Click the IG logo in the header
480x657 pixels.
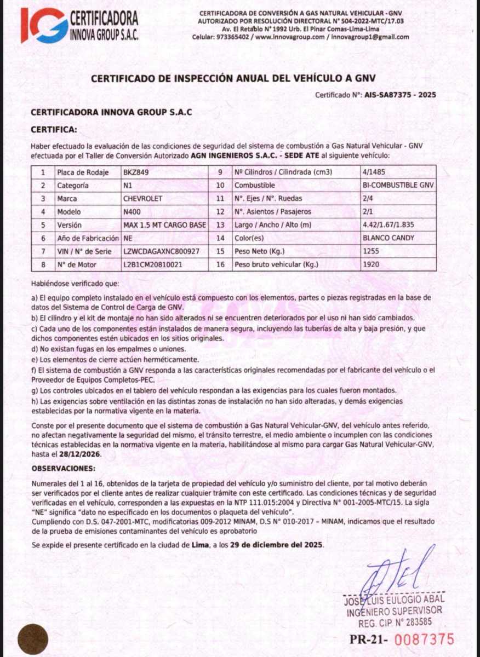coord(44,25)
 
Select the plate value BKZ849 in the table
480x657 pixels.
coord(136,172)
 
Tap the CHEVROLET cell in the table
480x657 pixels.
coord(143,198)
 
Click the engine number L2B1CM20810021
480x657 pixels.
coord(153,265)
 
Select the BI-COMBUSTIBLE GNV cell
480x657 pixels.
coord(398,185)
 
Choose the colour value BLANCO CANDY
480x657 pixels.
coord(388,238)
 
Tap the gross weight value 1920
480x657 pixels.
coord(371,265)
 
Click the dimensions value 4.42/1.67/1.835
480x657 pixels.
coord(388,225)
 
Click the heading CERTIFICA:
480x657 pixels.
coord(54,130)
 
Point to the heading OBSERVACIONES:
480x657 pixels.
coord(63,469)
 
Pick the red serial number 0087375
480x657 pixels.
coord(425,639)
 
